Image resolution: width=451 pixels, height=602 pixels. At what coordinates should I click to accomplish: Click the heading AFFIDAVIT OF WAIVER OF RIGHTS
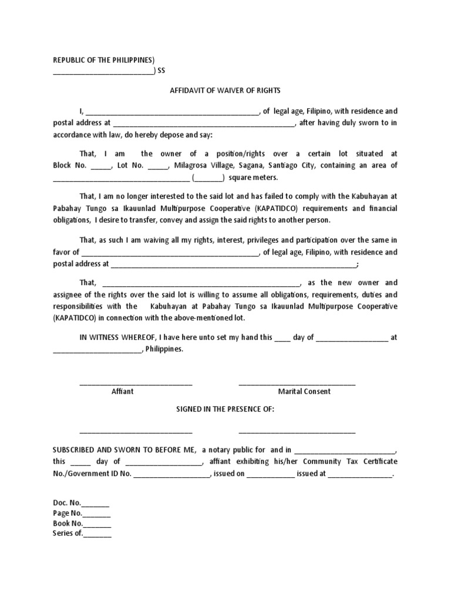click(x=225, y=91)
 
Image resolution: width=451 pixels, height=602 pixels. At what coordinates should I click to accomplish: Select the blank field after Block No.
click(x=101, y=166)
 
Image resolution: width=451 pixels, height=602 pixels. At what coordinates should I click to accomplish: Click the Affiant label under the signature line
click(x=122, y=392)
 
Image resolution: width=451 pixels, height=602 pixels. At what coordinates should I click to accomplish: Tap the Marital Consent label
click(x=304, y=392)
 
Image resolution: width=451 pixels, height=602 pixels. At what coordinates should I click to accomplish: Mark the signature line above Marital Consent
click(x=297, y=384)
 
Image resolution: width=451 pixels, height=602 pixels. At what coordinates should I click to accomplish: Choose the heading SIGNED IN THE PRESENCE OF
click(x=225, y=409)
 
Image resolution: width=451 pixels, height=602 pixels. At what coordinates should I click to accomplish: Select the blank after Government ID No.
click(x=171, y=474)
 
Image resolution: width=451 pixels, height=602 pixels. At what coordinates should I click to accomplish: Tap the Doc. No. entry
click(x=80, y=503)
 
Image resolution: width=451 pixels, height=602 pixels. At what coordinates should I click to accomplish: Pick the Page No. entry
click(x=81, y=513)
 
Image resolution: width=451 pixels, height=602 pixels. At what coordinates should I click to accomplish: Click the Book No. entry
click(x=82, y=523)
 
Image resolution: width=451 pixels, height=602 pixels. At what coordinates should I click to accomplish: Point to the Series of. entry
click(x=82, y=534)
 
